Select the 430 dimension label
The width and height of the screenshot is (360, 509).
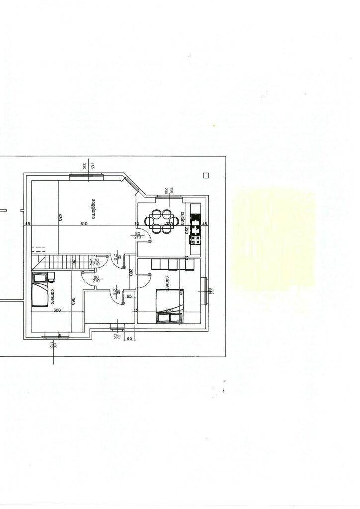[x=60, y=217]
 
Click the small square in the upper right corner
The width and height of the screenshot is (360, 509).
[x=206, y=174]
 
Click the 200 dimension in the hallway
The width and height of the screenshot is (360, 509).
[x=130, y=272]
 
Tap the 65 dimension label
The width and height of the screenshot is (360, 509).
[x=129, y=296]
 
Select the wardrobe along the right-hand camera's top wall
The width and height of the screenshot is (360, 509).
[x=169, y=264]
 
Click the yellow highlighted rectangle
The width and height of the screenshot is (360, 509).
[x=273, y=239]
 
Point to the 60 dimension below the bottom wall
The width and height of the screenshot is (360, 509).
[x=128, y=339]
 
